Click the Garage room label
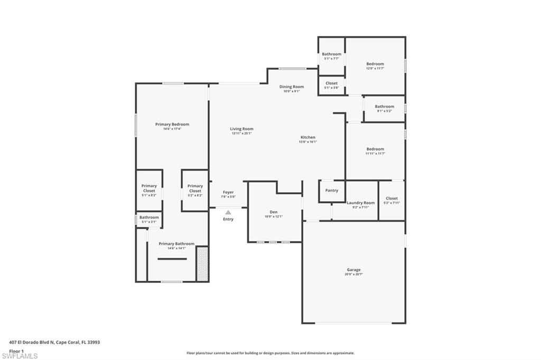pyautogui.click(x=353, y=270)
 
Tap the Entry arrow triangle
pyautogui.click(x=228, y=212)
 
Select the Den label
pyautogui.click(x=273, y=212)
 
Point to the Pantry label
pyautogui.click(x=332, y=191)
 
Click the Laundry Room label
pyautogui.click(x=361, y=203)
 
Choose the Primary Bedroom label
pyautogui.click(x=172, y=125)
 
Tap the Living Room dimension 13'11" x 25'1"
pyautogui.click(x=241, y=134)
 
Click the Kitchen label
pyautogui.click(x=307, y=137)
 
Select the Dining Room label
pyautogui.click(x=292, y=87)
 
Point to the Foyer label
pyautogui.click(x=228, y=192)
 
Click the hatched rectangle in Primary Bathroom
pyautogui.click(x=202, y=262)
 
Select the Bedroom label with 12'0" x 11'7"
pyautogui.click(x=375, y=64)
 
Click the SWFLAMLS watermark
pyautogui.click(x=20, y=356)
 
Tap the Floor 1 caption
pyautogui.click(x=16, y=350)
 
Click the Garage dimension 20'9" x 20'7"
pyautogui.click(x=353, y=274)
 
